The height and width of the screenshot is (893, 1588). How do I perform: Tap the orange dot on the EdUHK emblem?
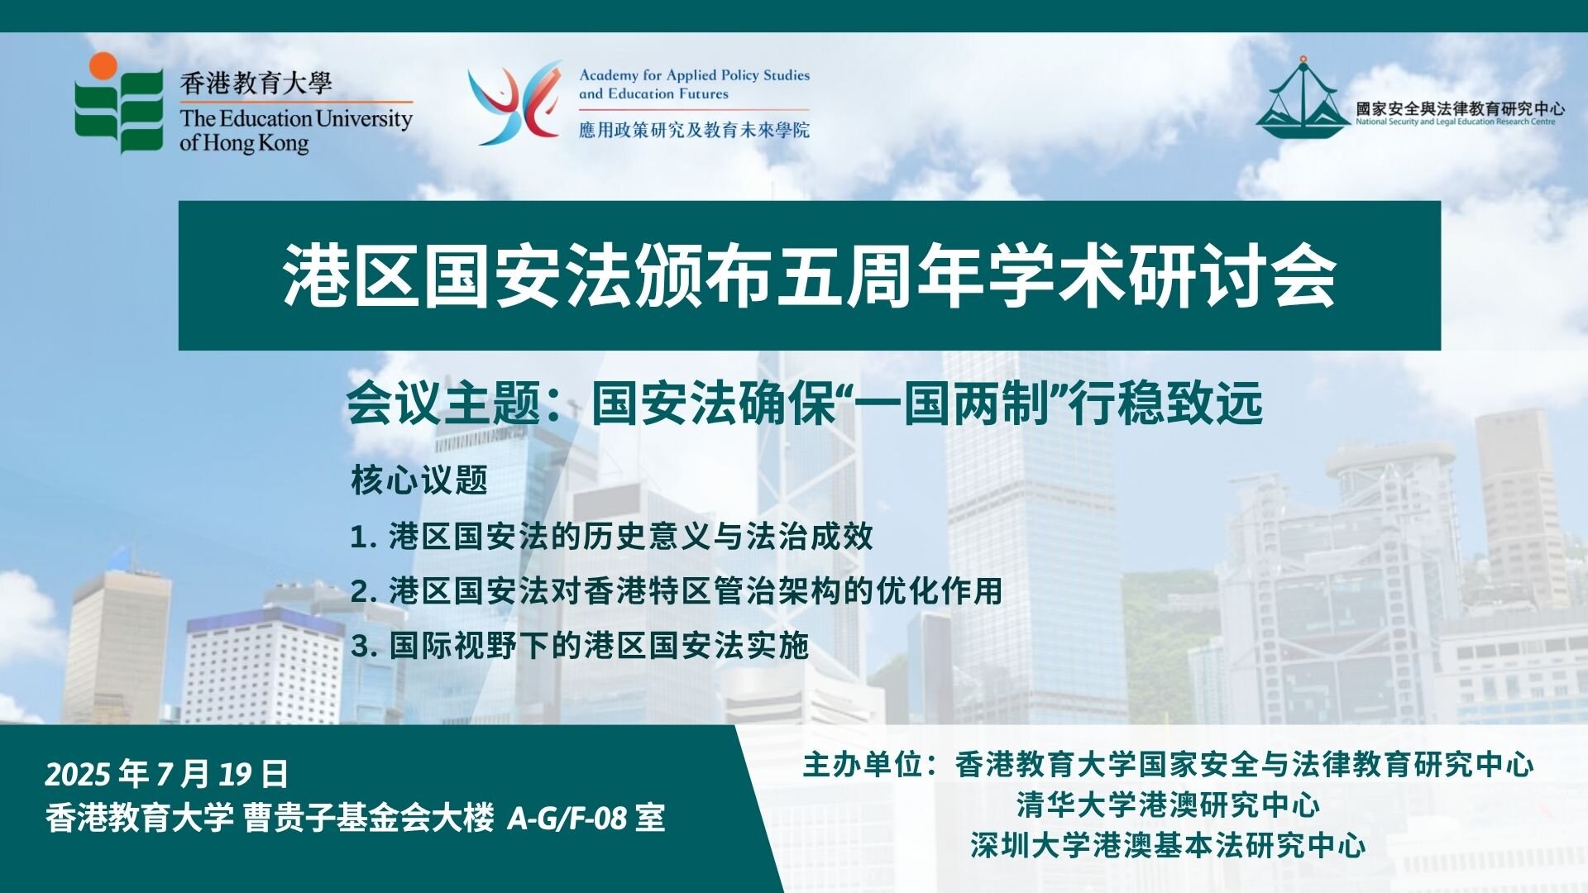(x=104, y=66)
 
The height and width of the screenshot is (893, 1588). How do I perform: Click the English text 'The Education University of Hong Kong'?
(x=296, y=130)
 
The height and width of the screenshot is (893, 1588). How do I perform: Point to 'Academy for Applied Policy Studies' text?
(x=694, y=75)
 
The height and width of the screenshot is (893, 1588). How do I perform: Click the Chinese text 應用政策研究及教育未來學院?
(x=694, y=130)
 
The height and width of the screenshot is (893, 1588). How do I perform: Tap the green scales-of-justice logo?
(x=1303, y=97)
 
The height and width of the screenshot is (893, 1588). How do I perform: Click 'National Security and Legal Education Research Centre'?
(x=1456, y=122)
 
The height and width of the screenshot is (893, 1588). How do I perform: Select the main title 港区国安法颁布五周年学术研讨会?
(x=809, y=275)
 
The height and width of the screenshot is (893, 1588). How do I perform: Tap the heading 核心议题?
(x=419, y=480)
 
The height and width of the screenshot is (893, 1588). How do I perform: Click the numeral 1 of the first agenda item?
(x=358, y=537)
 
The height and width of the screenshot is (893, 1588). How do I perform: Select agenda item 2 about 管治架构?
(x=676, y=591)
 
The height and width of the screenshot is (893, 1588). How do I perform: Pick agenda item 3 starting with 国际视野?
(x=579, y=645)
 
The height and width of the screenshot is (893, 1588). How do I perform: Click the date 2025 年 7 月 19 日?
(x=166, y=774)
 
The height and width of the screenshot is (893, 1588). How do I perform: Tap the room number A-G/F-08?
(x=567, y=819)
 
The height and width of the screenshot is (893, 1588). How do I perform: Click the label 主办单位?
(x=863, y=765)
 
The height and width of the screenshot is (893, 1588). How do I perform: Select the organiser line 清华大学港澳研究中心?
(x=1169, y=805)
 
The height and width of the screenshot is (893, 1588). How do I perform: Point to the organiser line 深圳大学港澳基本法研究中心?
(x=1169, y=845)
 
